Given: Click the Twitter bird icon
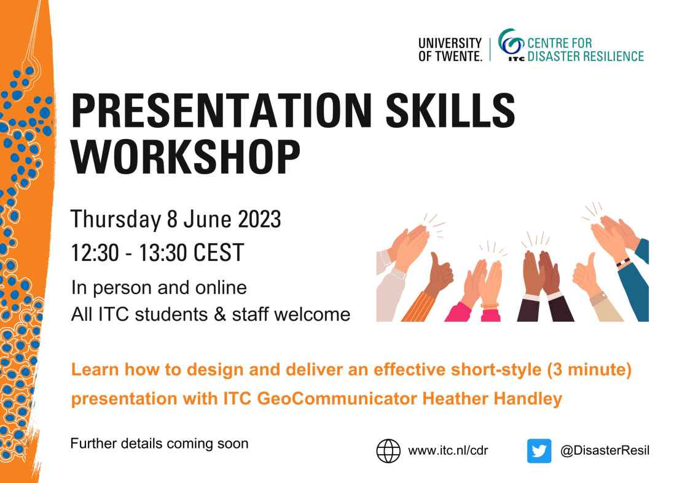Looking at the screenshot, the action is pyautogui.click(x=539, y=451).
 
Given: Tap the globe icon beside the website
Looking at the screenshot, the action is pyautogui.click(x=388, y=451).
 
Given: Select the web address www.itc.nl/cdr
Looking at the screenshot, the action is pyautogui.click(x=448, y=450).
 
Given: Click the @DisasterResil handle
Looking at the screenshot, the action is pyautogui.click(x=605, y=450).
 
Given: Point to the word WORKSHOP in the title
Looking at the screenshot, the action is pyautogui.click(x=186, y=157).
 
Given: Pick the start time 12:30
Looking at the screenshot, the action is pyautogui.click(x=95, y=253).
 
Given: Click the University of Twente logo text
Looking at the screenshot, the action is pyautogui.click(x=450, y=50).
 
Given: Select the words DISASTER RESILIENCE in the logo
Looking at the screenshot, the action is pyautogui.click(x=586, y=57).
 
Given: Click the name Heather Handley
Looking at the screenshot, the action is pyautogui.click(x=492, y=399).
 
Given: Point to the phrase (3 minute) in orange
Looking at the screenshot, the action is pyautogui.click(x=589, y=370).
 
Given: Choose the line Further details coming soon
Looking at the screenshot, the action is pyautogui.click(x=159, y=444).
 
